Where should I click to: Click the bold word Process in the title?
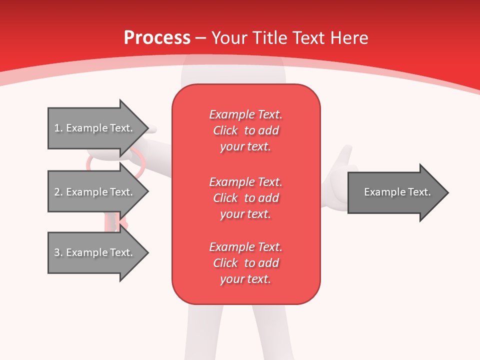point(157,38)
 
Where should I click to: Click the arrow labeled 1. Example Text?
point(95,128)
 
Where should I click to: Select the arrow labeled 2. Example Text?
point(95,192)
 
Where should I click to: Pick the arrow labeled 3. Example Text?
point(95,252)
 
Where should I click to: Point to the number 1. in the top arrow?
point(58,128)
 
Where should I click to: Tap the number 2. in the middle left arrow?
point(58,192)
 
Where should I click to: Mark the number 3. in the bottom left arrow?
point(58,252)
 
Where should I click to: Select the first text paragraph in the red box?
point(245,130)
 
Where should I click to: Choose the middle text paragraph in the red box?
point(245,197)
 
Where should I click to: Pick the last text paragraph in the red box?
point(245,263)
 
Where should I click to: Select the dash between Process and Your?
point(201,38)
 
